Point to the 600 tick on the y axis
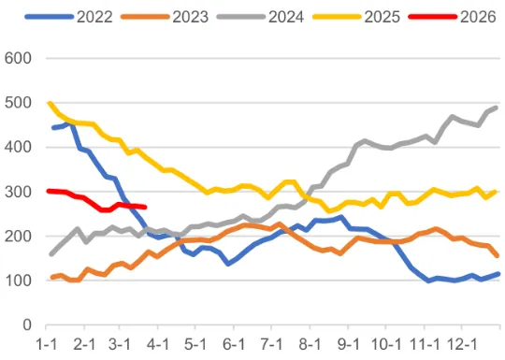[x=20, y=58]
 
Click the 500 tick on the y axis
[x=20, y=103]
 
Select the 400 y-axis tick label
[x=20, y=148]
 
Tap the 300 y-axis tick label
[x=20, y=192]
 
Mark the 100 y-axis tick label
[x=20, y=281]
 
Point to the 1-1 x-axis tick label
[x=48, y=344]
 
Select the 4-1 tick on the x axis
[x=157, y=344]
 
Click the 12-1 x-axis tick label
[x=458, y=344]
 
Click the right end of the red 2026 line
[x=145, y=208]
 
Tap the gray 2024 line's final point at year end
[x=497, y=108]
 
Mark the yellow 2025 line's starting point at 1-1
[x=49, y=103]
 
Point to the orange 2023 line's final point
[x=497, y=255]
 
